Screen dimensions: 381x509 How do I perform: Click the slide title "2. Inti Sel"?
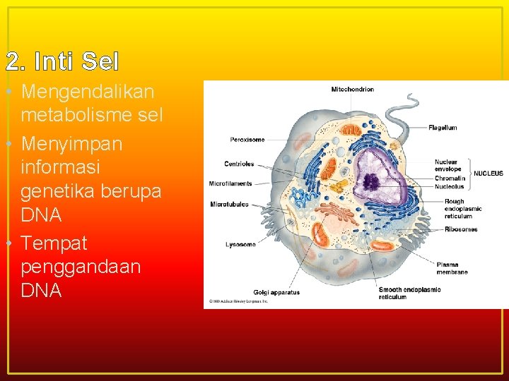pos(62,62)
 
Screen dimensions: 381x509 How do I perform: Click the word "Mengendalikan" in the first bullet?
pos(88,92)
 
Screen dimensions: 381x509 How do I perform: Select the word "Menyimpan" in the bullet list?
pos(71,144)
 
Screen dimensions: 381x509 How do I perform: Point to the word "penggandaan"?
pos(81,267)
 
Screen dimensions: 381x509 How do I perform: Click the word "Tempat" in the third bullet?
pos(54,243)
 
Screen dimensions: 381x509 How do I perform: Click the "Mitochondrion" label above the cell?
pos(353,90)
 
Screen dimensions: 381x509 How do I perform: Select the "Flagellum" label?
pos(443,128)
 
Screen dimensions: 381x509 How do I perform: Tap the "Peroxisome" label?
pos(247,140)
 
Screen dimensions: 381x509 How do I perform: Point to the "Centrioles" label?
pos(239,164)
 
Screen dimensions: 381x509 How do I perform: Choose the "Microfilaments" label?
pos(230,183)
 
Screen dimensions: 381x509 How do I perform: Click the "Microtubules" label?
pos(229,205)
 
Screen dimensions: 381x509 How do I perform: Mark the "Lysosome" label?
pos(240,244)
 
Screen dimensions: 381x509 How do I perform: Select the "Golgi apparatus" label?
pos(276,292)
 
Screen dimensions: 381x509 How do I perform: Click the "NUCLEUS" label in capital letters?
pos(488,174)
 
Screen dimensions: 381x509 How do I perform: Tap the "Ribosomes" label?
pos(461,229)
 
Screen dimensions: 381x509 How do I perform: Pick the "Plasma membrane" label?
pos(452,268)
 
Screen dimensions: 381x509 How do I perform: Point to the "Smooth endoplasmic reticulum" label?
pos(409,293)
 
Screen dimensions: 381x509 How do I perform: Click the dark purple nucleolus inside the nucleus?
pos(371,183)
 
